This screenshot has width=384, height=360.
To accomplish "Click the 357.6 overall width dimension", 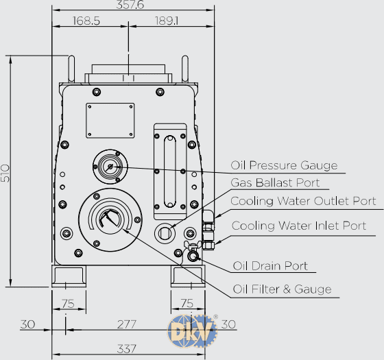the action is (130, 4).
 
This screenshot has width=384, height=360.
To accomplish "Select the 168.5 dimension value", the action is (86, 21).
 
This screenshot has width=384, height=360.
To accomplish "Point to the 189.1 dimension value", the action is (167, 21).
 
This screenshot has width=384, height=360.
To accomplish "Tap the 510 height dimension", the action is (5, 173).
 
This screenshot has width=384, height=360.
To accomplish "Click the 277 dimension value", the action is (126, 324).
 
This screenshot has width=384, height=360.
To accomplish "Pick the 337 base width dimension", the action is (126, 349).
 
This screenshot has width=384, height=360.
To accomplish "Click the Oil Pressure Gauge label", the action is (284, 165).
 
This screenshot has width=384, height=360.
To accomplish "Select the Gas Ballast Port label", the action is (275, 182).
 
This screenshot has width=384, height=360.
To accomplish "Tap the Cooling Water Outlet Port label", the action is (303, 201).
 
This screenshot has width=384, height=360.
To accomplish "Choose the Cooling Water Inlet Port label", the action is (299, 226).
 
